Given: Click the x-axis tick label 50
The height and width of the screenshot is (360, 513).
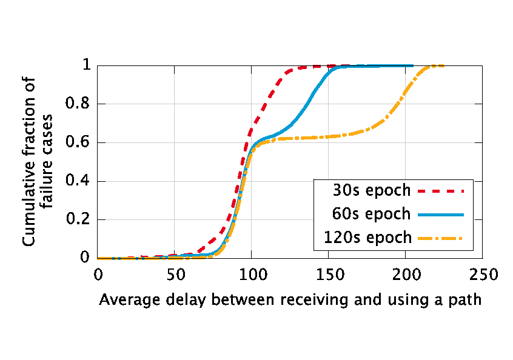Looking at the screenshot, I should pyautogui.click(x=175, y=276).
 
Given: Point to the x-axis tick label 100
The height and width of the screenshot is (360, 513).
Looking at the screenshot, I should pyautogui.click(x=252, y=276).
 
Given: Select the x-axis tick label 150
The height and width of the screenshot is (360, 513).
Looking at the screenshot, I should pyautogui.click(x=329, y=276).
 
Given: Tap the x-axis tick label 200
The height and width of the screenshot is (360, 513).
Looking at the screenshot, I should pyautogui.click(x=406, y=276).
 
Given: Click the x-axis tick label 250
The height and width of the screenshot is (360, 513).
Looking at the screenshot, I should pyautogui.click(x=483, y=276).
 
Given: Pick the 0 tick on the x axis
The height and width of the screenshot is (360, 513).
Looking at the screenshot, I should pyautogui.click(x=98, y=276).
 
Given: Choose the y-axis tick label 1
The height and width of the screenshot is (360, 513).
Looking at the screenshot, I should pyautogui.click(x=85, y=65).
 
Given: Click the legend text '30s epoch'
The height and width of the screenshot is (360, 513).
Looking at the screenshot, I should pyautogui.click(x=371, y=190).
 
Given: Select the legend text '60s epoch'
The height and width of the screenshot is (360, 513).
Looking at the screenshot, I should pyautogui.click(x=371, y=214).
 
